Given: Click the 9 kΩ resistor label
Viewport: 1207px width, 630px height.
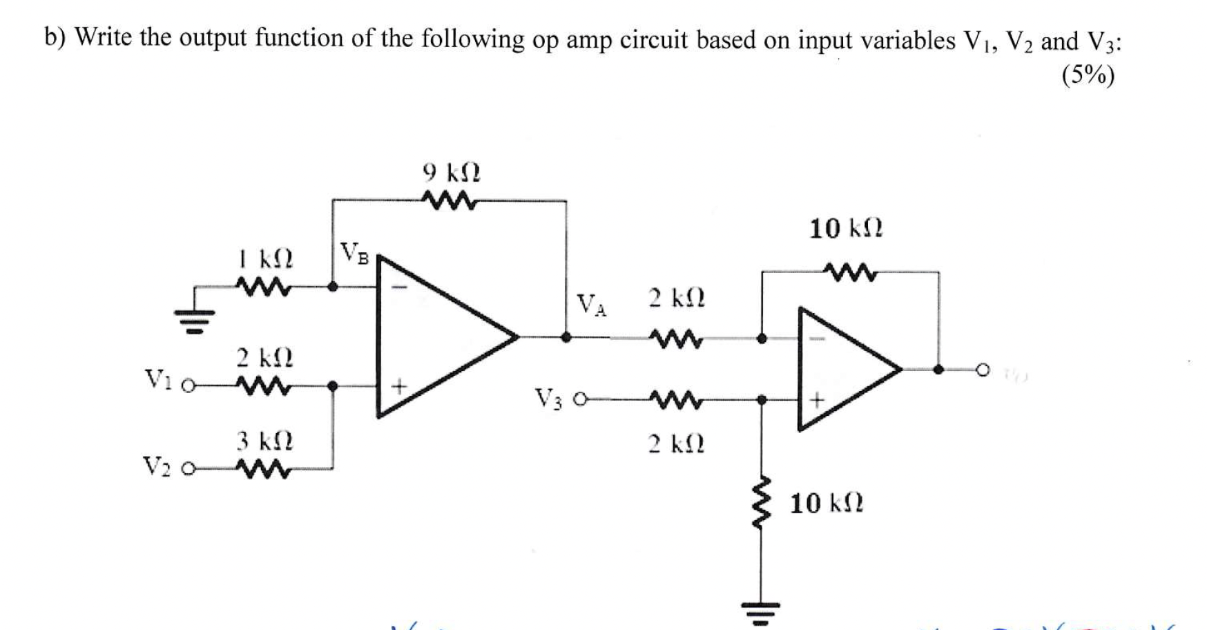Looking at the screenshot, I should [451, 172].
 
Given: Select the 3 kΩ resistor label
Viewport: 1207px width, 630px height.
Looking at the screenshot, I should [265, 440].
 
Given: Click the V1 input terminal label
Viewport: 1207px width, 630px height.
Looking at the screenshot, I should [157, 379].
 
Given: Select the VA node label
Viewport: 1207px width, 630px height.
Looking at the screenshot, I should [592, 305].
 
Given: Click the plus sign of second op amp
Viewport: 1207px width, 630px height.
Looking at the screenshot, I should [818, 399].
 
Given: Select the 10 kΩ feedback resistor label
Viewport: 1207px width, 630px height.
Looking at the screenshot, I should [845, 228].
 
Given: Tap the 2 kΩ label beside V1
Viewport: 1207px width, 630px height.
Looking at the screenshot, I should [265, 358].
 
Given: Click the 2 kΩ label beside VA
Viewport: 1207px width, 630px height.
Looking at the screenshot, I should [676, 298].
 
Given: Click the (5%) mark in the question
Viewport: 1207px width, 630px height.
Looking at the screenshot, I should [1088, 75].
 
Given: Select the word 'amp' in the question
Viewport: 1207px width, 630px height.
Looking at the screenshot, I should [590, 41].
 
